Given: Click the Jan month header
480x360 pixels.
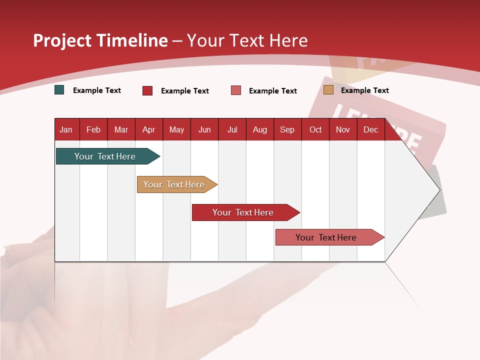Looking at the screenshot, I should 66,129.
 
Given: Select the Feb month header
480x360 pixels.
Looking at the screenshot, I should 93,129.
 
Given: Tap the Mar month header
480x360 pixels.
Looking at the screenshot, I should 121,129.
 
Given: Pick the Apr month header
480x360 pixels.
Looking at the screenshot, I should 148,129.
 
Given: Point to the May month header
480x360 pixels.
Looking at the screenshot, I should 176,129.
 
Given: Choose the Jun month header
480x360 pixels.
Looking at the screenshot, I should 204,129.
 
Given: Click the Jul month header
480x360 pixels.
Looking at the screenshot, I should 232,129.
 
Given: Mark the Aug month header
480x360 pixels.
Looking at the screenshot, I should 259,129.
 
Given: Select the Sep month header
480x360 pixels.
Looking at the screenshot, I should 287,129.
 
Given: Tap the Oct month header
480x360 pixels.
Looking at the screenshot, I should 315,129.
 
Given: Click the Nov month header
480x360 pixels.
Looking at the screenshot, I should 343,129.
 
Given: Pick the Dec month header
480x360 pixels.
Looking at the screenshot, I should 370,129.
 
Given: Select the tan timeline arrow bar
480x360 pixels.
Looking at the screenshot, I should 175,184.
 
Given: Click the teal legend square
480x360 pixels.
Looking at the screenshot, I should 59,90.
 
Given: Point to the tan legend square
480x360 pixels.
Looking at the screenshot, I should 328,90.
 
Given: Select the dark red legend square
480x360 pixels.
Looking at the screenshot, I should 147,90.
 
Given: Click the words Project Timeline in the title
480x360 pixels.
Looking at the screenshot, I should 100,40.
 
